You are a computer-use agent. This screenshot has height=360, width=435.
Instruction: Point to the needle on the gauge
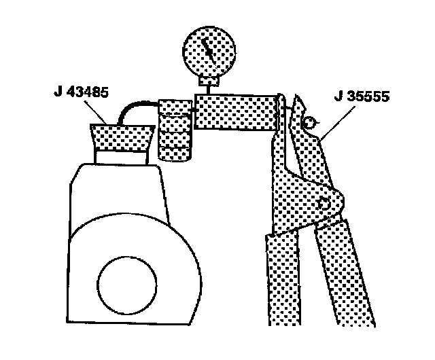click(210, 51)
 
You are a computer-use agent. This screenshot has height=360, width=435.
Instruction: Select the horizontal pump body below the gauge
click(235, 112)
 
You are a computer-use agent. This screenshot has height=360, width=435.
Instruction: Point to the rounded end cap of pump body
click(277, 112)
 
